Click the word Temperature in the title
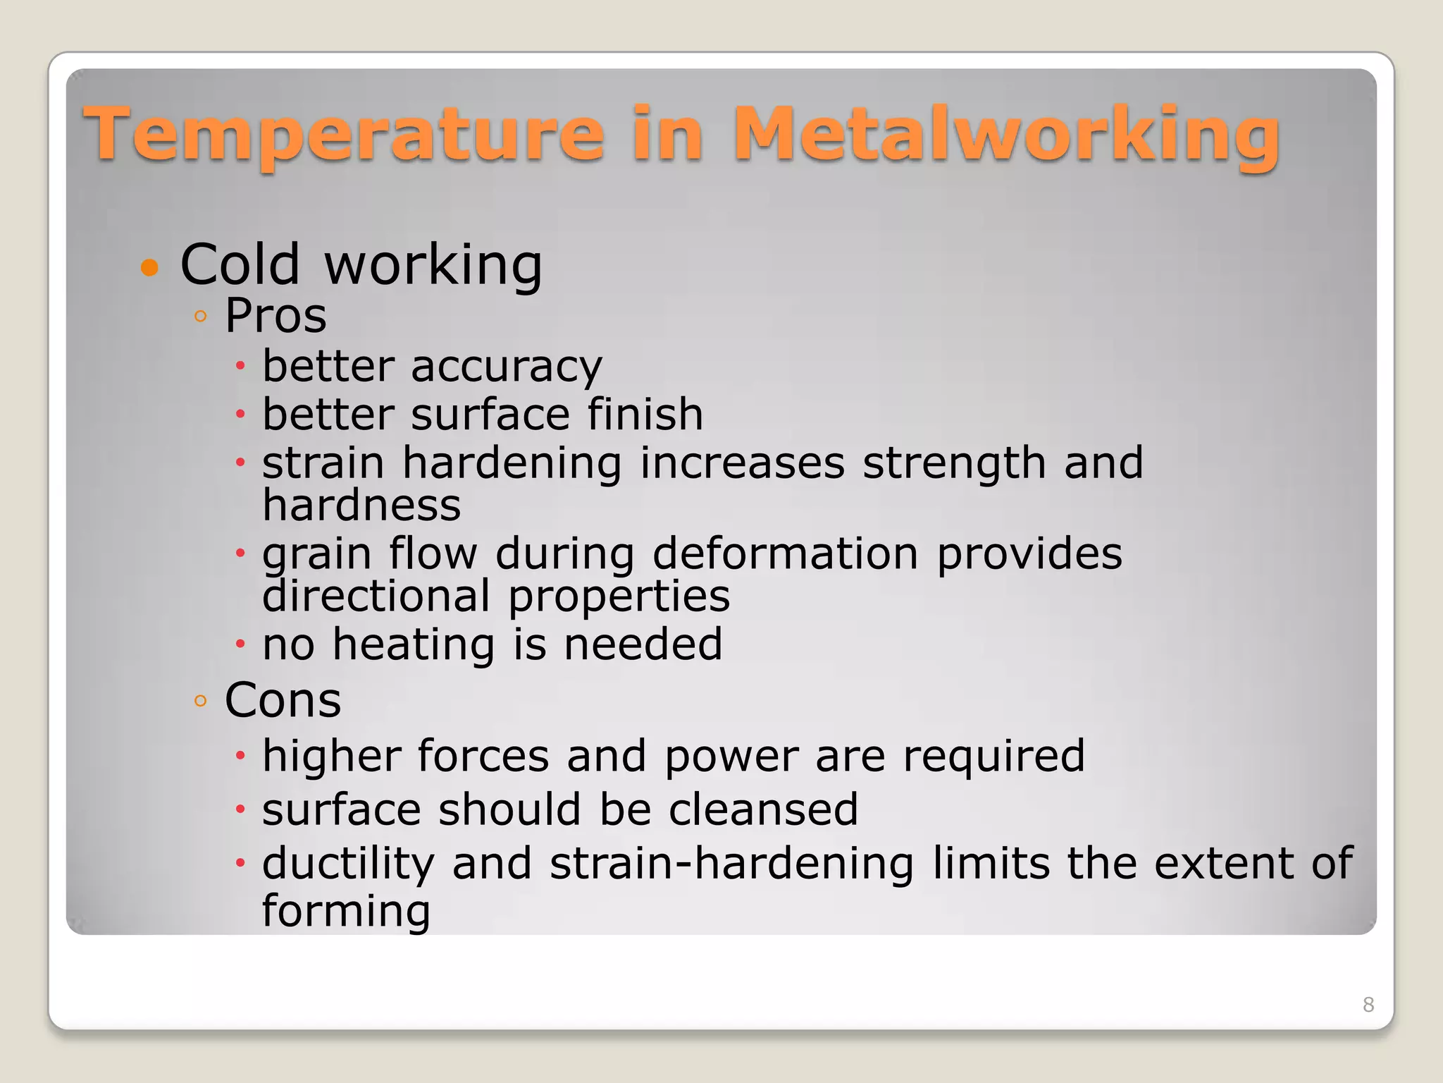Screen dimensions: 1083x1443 coord(344,134)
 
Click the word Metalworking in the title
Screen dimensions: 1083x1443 coord(1006,134)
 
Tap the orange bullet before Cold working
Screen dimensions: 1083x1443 coord(149,268)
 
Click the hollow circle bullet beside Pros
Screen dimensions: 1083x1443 coord(201,316)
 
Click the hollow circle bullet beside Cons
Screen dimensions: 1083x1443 coord(201,701)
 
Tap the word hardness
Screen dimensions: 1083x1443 coord(361,506)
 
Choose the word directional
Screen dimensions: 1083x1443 coord(376,596)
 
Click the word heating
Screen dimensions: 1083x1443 coord(414,644)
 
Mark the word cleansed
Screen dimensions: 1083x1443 coord(763,809)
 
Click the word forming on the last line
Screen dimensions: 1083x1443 coord(346,911)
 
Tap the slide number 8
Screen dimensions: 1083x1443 coord(1368,1005)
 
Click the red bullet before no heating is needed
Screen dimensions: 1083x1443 coord(240,644)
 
